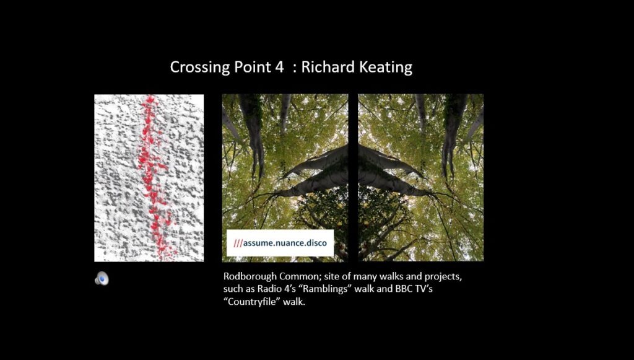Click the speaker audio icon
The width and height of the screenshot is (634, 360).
pos(102,278)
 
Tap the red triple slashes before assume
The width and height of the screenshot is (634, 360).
pos(238,243)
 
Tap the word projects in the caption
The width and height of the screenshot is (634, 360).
pos(443,278)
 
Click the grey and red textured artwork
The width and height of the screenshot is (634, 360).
pos(149,178)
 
